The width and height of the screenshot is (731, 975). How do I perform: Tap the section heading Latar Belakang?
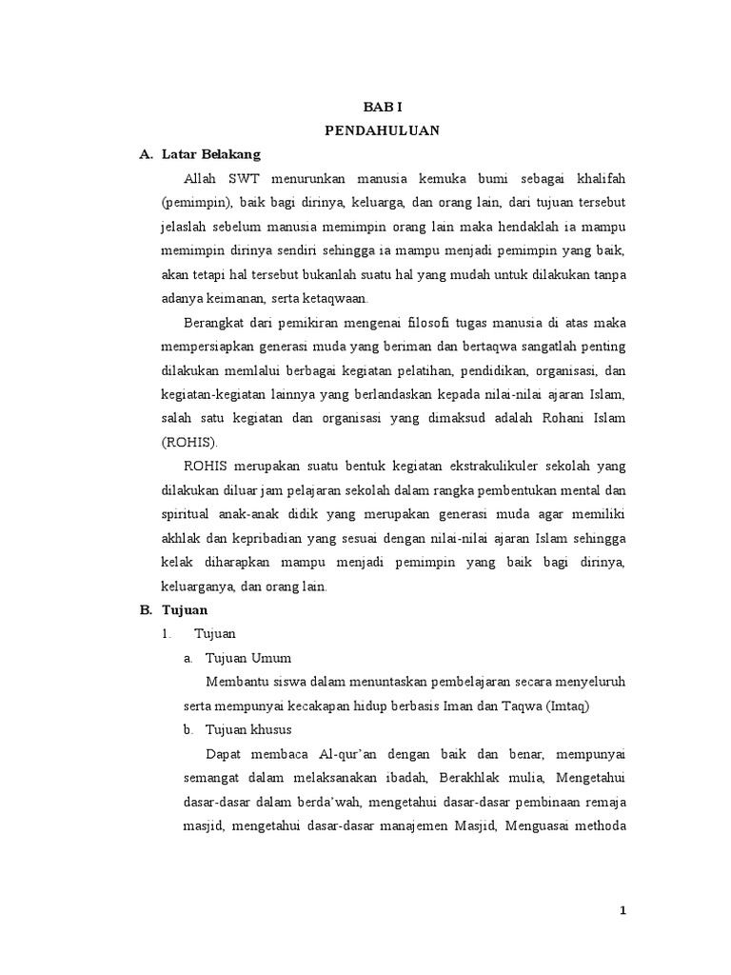211,154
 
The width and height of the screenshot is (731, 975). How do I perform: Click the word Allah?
201,179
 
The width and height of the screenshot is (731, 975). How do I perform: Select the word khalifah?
595,179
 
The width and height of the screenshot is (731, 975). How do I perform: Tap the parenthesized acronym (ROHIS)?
189,442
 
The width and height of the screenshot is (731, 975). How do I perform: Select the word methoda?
599,826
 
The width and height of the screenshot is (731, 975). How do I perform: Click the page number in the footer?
623,911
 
